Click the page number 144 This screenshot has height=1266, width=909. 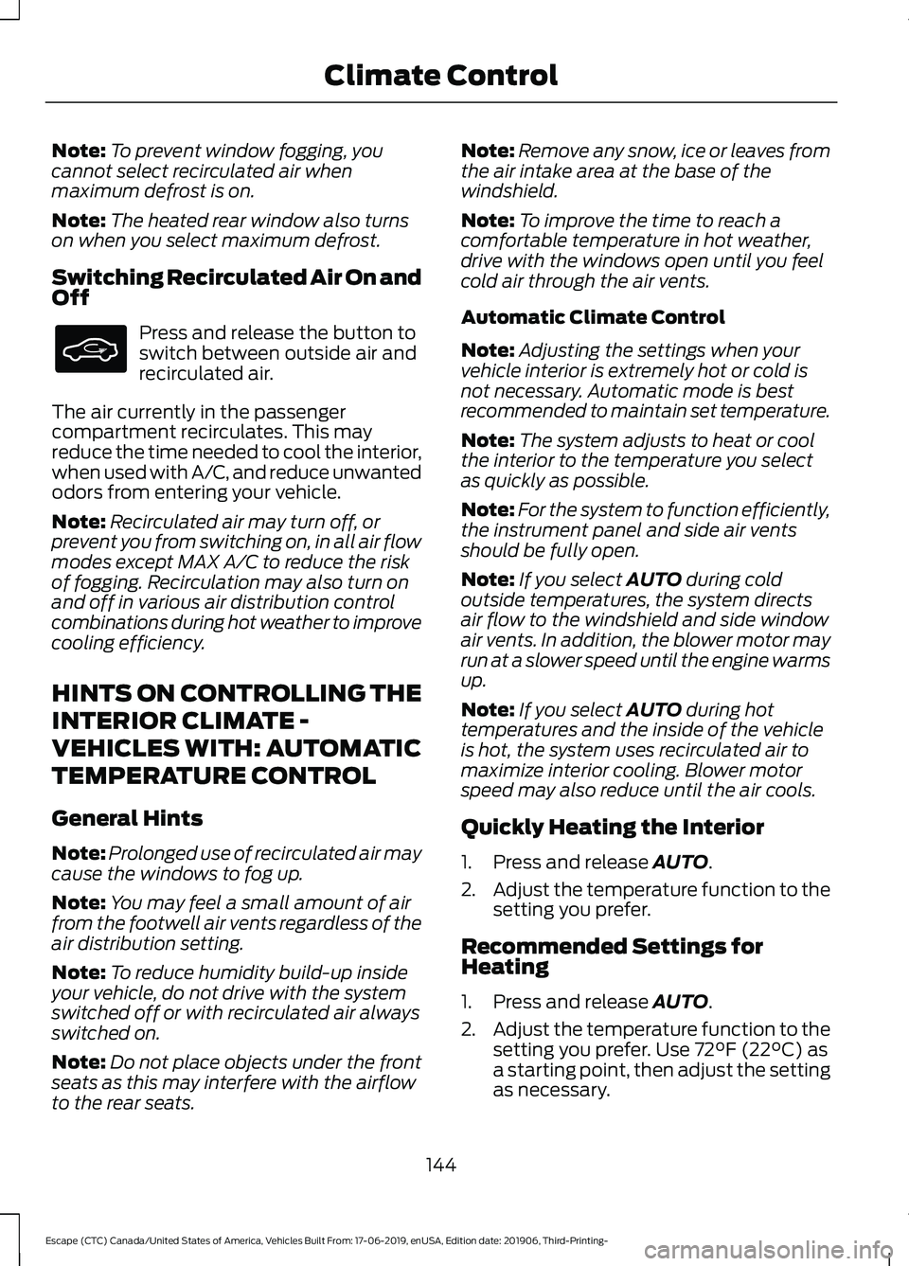point(441,1165)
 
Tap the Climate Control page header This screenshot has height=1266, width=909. point(440,76)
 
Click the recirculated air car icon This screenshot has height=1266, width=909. point(90,348)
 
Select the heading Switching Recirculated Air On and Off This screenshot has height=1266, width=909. point(236,287)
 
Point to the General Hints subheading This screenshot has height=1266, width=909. point(127,818)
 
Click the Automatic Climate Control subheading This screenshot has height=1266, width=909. point(593,317)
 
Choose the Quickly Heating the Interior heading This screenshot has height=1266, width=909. point(612,828)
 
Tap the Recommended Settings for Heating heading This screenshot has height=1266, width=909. point(611,956)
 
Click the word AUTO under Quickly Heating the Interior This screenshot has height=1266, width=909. point(680,862)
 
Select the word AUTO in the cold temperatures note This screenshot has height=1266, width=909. point(653,580)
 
